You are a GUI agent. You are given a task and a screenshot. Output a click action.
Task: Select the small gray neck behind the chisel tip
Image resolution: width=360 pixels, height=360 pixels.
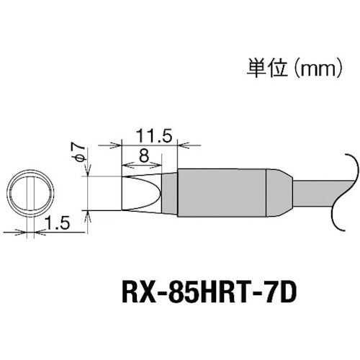(x=168, y=192)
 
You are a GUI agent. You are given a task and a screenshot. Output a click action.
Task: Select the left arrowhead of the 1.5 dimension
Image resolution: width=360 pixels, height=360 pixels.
(x=24, y=232)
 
